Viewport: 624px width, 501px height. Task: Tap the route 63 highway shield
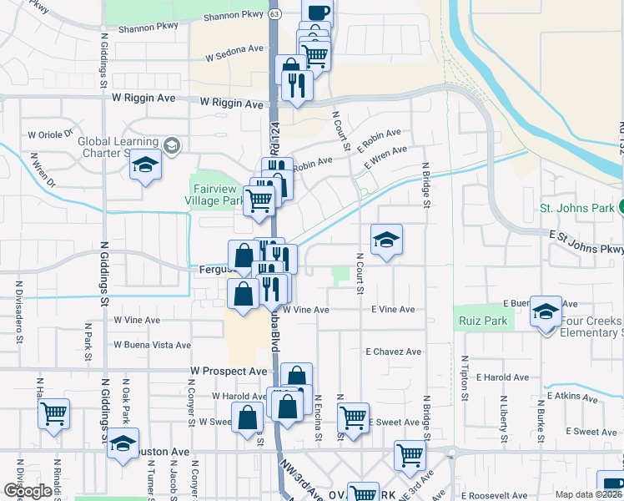pyautogui.click(x=274, y=13)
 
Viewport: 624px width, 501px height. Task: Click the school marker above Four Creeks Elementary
pyautogui.click(x=546, y=311)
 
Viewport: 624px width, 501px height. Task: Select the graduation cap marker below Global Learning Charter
pyautogui.click(x=145, y=164)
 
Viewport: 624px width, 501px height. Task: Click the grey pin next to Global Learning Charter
pyautogui.click(x=171, y=146)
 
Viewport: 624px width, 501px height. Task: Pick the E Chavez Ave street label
pyautogui.click(x=393, y=352)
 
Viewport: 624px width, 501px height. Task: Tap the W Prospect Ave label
pyautogui.click(x=229, y=371)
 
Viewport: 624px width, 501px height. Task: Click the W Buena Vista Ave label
pyautogui.click(x=153, y=344)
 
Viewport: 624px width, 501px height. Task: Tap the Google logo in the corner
pyautogui.click(x=27, y=491)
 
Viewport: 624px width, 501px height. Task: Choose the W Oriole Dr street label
pyautogui.click(x=50, y=134)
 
